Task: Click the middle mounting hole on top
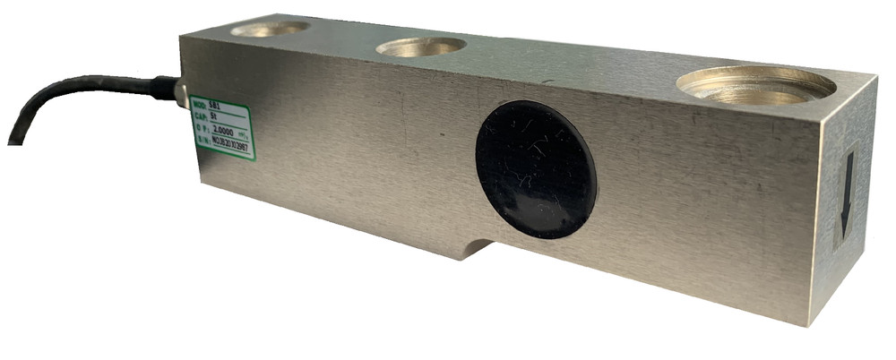click(420, 46)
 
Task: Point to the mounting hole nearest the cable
click(269, 29)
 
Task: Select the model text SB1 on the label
click(212, 107)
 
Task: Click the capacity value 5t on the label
click(211, 116)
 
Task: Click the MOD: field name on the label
click(199, 103)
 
